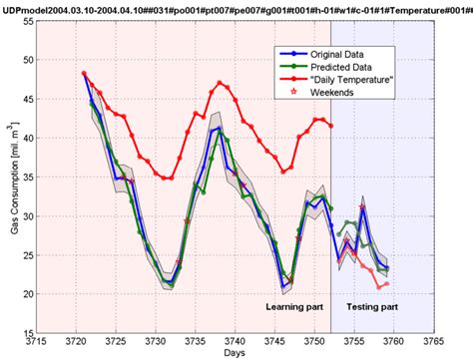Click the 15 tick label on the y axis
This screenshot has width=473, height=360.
tap(26, 333)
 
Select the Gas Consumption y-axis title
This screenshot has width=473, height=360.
tap(9, 194)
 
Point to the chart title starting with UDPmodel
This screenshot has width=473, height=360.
tap(236, 9)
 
